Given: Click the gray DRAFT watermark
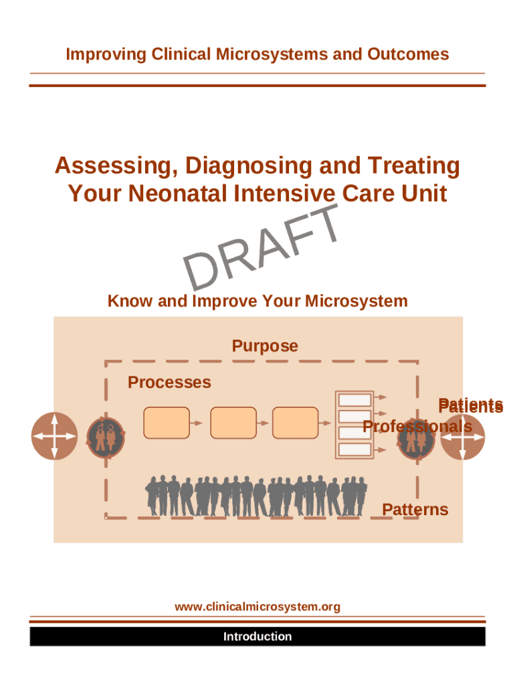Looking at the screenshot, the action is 261,247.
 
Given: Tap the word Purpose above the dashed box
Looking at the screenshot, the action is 265,346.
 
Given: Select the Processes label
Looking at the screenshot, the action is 169,382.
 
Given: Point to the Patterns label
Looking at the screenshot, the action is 415,509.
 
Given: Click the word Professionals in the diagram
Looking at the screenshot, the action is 417,426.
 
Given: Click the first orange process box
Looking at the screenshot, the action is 167,423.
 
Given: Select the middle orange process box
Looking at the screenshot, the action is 233,423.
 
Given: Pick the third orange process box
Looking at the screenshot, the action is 295,423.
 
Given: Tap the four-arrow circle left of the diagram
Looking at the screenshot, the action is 54,435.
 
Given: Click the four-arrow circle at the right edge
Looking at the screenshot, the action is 463,437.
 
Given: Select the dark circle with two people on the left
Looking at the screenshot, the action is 106,437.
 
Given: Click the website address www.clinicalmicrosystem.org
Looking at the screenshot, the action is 257,607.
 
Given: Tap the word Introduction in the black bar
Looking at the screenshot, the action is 257,636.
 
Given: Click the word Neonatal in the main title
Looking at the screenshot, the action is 177,193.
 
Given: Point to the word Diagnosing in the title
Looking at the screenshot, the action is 248,165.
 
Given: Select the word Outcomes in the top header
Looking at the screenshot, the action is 408,54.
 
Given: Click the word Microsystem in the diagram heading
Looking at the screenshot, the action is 356,301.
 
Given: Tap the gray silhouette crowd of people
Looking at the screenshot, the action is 256,496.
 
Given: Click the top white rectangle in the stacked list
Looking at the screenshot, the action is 354,400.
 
